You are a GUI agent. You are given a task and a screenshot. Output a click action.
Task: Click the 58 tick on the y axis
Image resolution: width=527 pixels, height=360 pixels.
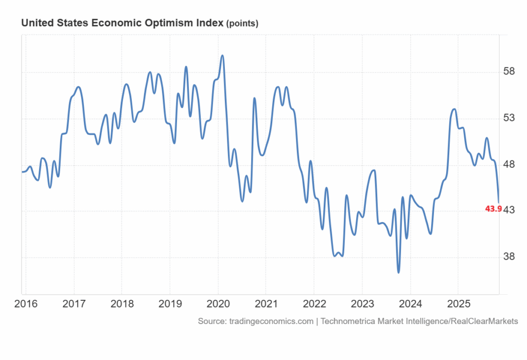coord(508,71)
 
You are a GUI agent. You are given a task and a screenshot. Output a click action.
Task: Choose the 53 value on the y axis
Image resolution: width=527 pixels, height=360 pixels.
coord(508,118)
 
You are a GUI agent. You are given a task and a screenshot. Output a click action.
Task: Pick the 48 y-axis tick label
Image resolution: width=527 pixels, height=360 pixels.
coord(508,165)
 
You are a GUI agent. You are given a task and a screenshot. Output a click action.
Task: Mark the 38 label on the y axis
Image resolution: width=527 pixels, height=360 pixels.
coord(508,257)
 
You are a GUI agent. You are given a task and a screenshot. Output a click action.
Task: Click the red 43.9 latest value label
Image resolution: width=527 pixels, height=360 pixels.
coord(493,209)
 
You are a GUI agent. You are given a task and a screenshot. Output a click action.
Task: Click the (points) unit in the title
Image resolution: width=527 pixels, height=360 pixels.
coord(242,24)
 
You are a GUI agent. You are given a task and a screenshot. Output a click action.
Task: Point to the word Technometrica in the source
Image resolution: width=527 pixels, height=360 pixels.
coord(348,321)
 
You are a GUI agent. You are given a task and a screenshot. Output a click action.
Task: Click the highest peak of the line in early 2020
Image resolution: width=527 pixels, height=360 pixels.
coord(222,56)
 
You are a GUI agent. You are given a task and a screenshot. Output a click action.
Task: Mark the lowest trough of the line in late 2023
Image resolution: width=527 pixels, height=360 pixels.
coord(398,272)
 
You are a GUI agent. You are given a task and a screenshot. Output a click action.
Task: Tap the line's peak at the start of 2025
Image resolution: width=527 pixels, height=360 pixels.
coord(454,109)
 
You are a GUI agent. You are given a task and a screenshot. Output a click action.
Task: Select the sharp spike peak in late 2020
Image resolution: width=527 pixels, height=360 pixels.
coord(254,98)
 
